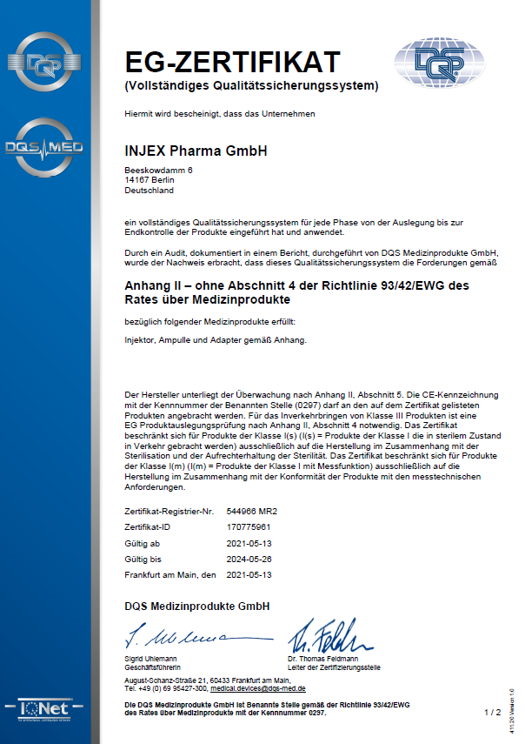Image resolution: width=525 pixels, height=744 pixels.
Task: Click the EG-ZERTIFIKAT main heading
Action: (232, 63)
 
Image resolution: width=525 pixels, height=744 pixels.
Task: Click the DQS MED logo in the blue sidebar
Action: (43, 148)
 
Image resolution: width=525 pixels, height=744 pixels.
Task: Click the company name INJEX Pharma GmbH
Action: (196, 151)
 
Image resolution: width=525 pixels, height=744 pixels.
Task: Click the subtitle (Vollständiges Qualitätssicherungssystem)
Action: (252, 85)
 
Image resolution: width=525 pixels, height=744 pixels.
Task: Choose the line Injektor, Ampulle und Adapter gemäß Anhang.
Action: (216, 339)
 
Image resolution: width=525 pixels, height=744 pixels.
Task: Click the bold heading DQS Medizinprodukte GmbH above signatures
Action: (197, 606)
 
